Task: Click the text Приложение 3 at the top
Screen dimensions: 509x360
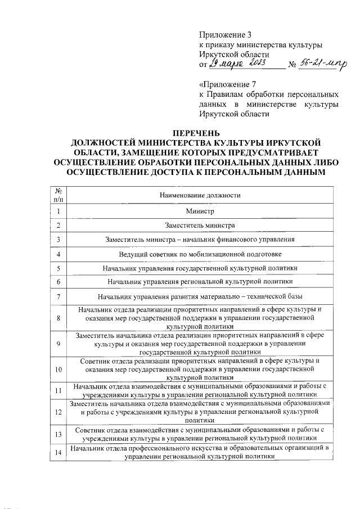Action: click(223, 34)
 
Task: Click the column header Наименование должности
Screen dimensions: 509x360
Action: click(200, 195)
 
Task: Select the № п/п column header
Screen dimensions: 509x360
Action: click(58, 195)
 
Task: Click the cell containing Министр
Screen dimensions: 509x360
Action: click(200, 211)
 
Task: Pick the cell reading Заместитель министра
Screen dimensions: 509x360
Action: click(200, 226)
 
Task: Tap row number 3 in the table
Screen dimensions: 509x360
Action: click(58, 240)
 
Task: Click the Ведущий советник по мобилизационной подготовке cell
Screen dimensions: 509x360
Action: click(200, 254)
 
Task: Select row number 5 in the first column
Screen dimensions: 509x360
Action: click(58, 268)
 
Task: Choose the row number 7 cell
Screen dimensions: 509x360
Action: click(58, 296)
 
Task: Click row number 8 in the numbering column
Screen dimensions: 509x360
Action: click(58, 318)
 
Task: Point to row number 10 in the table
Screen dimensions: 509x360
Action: click(58, 370)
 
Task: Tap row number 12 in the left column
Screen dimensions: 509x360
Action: click(58, 412)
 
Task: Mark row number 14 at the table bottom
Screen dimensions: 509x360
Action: click(58, 452)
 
